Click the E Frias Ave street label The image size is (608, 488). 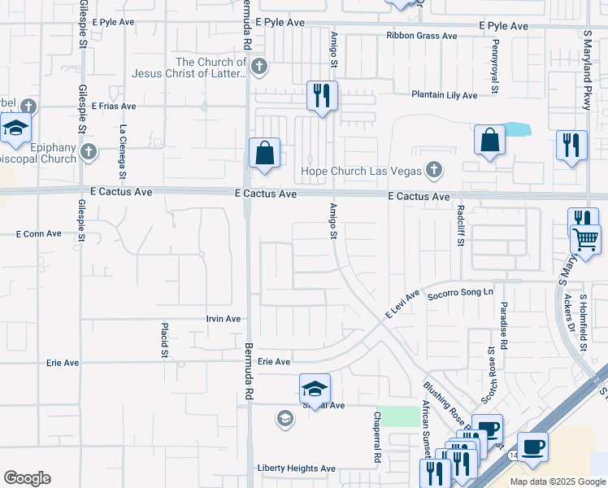coord(112,106)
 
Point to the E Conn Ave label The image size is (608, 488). coord(39,233)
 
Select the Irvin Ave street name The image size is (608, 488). coord(223,319)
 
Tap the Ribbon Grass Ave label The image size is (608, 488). coord(422,36)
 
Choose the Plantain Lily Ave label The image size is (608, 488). coord(444,95)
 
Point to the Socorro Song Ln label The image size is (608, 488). coord(461,292)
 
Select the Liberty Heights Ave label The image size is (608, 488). coord(296,468)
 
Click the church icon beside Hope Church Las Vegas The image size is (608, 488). coord(434,170)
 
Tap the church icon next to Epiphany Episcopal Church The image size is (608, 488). coord(89,152)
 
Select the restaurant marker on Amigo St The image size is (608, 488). coord(323,96)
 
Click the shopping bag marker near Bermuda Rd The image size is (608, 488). coord(265,153)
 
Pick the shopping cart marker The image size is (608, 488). coord(585,239)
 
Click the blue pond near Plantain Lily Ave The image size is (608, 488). coord(515,129)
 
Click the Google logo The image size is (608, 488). coord(27,478)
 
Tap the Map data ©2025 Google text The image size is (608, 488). coord(558,481)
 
